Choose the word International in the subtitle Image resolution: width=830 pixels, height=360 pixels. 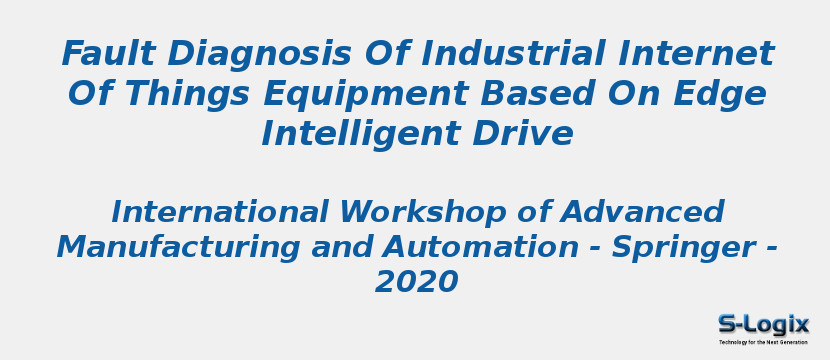[219, 213]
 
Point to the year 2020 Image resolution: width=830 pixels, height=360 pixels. [416, 283]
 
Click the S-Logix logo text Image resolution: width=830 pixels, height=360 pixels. [763, 325]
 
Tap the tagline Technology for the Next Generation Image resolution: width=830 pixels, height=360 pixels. [763, 342]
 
